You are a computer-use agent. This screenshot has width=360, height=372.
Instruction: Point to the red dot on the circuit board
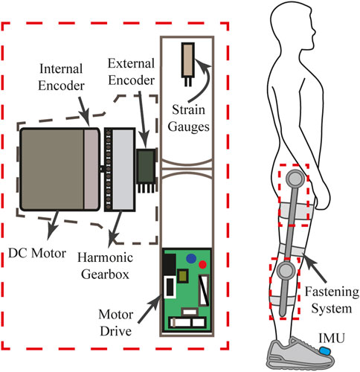click(x=202, y=263)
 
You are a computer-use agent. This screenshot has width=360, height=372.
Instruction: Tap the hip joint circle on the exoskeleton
click(x=295, y=178)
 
